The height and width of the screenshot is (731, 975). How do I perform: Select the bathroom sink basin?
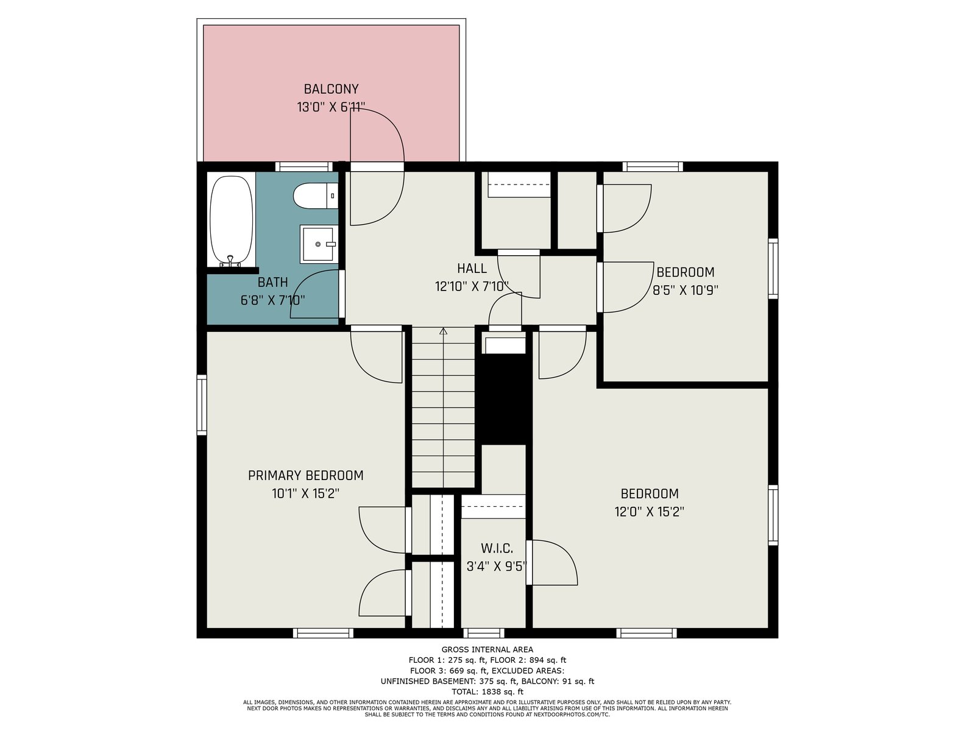[x=318, y=244]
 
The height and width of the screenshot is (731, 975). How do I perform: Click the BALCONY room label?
[x=331, y=89]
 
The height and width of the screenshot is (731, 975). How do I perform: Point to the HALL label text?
[x=472, y=268]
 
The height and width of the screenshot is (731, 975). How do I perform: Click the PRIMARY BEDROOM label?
[x=306, y=475]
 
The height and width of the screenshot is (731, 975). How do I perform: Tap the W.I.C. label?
[x=497, y=548]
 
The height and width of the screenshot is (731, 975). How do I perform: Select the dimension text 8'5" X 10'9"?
[x=686, y=291]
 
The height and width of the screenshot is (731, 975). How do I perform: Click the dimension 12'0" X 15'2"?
[x=649, y=512]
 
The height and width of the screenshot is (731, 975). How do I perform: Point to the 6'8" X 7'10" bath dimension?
[x=273, y=300]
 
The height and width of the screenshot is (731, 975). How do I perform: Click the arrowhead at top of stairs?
[x=443, y=331]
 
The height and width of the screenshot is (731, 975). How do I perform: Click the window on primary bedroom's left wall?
[x=202, y=404]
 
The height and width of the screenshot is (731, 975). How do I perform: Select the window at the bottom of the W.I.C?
[x=484, y=633]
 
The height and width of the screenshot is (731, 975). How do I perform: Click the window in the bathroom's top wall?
[x=304, y=167]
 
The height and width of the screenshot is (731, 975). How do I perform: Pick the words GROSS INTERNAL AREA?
[x=487, y=650]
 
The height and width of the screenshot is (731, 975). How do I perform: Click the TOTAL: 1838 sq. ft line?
[x=487, y=691]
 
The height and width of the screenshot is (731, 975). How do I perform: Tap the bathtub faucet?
[x=230, y=262]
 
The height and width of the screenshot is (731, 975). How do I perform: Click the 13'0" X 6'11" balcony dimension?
[x=331, y=107]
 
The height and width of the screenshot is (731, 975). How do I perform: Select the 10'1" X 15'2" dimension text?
[x=306, y=493]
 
